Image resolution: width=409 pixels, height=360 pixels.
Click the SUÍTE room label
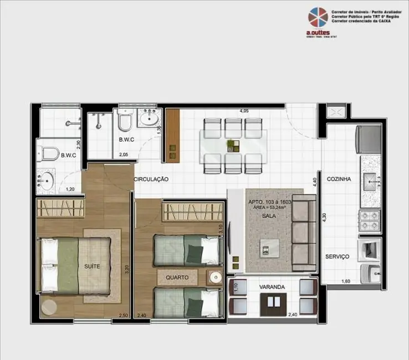click(x=92, y=266)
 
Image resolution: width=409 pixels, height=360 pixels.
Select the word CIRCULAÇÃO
click(x=150, y=179)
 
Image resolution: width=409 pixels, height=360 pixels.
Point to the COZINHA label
click(x=339, y=179)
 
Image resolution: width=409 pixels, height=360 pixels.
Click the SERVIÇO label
click(x=337, y=257)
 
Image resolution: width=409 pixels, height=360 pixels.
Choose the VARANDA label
click(x=272, y=287)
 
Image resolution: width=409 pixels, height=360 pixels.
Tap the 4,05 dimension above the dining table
click(x=243, y=111)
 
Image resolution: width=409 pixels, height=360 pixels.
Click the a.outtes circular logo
click(x=318, y=18)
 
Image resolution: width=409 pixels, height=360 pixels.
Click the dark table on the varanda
click(x=272, y=302)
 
